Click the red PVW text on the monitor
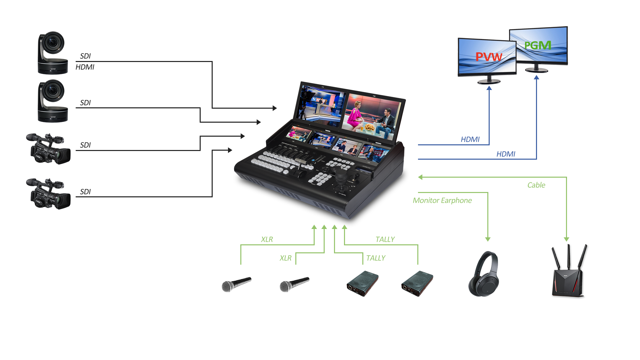tap(489, 57)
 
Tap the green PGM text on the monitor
tap(537, 45)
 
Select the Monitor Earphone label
tap(442, 201)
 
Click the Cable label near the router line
tap(536, 185)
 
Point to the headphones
tap(483, 274)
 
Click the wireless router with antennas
tap(569, 272)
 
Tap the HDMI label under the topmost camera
tap(85, 67)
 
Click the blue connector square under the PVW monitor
tap(489, 88)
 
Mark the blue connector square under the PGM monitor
tap(536, 77)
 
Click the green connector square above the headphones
tap(488, 239)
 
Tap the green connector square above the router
tap(566, 239)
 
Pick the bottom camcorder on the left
tap(48, 194)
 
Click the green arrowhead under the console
tap(344, 227)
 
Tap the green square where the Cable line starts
tap(420, 177)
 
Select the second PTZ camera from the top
tap(53, 101)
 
